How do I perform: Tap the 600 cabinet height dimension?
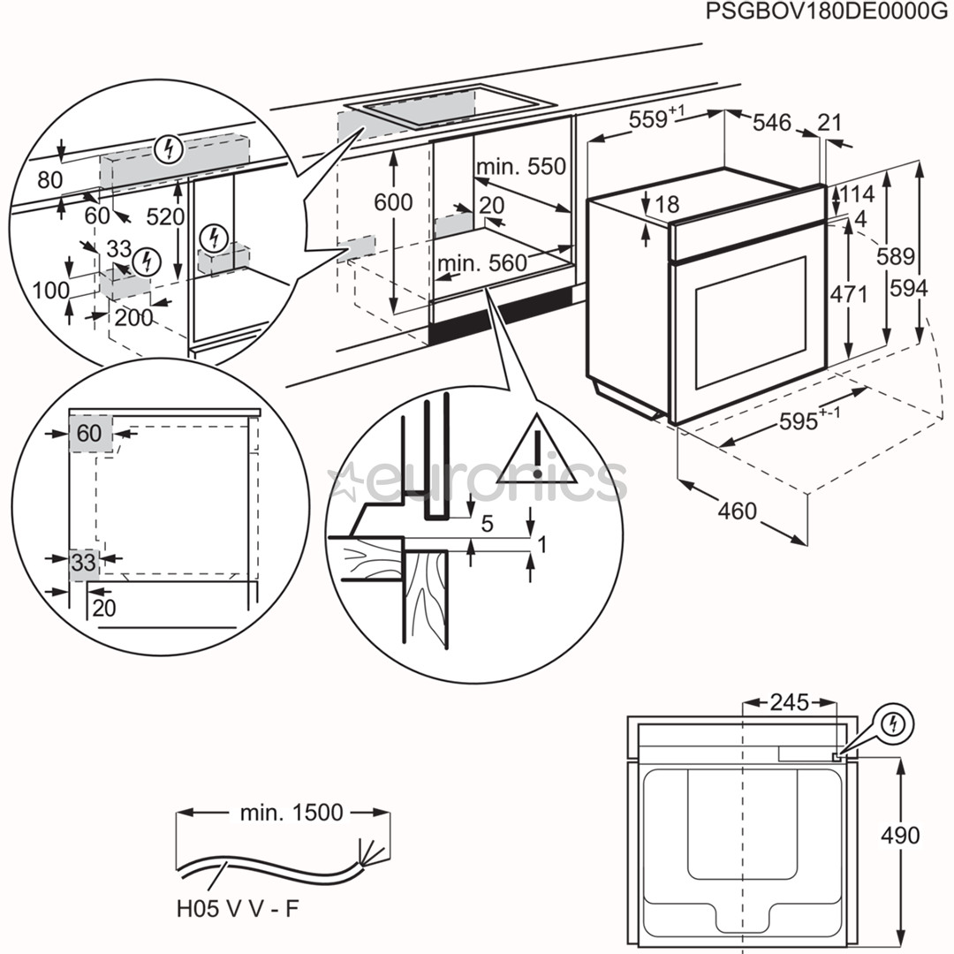[392, 202]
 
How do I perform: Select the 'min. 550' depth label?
[519, 167]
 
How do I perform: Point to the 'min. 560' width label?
[481, 262]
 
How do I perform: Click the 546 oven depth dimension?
[772, 123]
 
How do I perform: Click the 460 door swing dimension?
[738, 511]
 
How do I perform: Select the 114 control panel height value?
[855, 193]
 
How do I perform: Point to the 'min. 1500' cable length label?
[291, 813]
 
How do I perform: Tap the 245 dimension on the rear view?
[788, 702]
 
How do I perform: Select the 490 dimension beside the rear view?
[899, 835]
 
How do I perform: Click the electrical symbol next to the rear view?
[896, 725]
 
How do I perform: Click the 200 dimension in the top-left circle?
[133, 317]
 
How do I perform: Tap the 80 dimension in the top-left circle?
[49, 180]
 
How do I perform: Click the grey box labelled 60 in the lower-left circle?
[90, 433]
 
